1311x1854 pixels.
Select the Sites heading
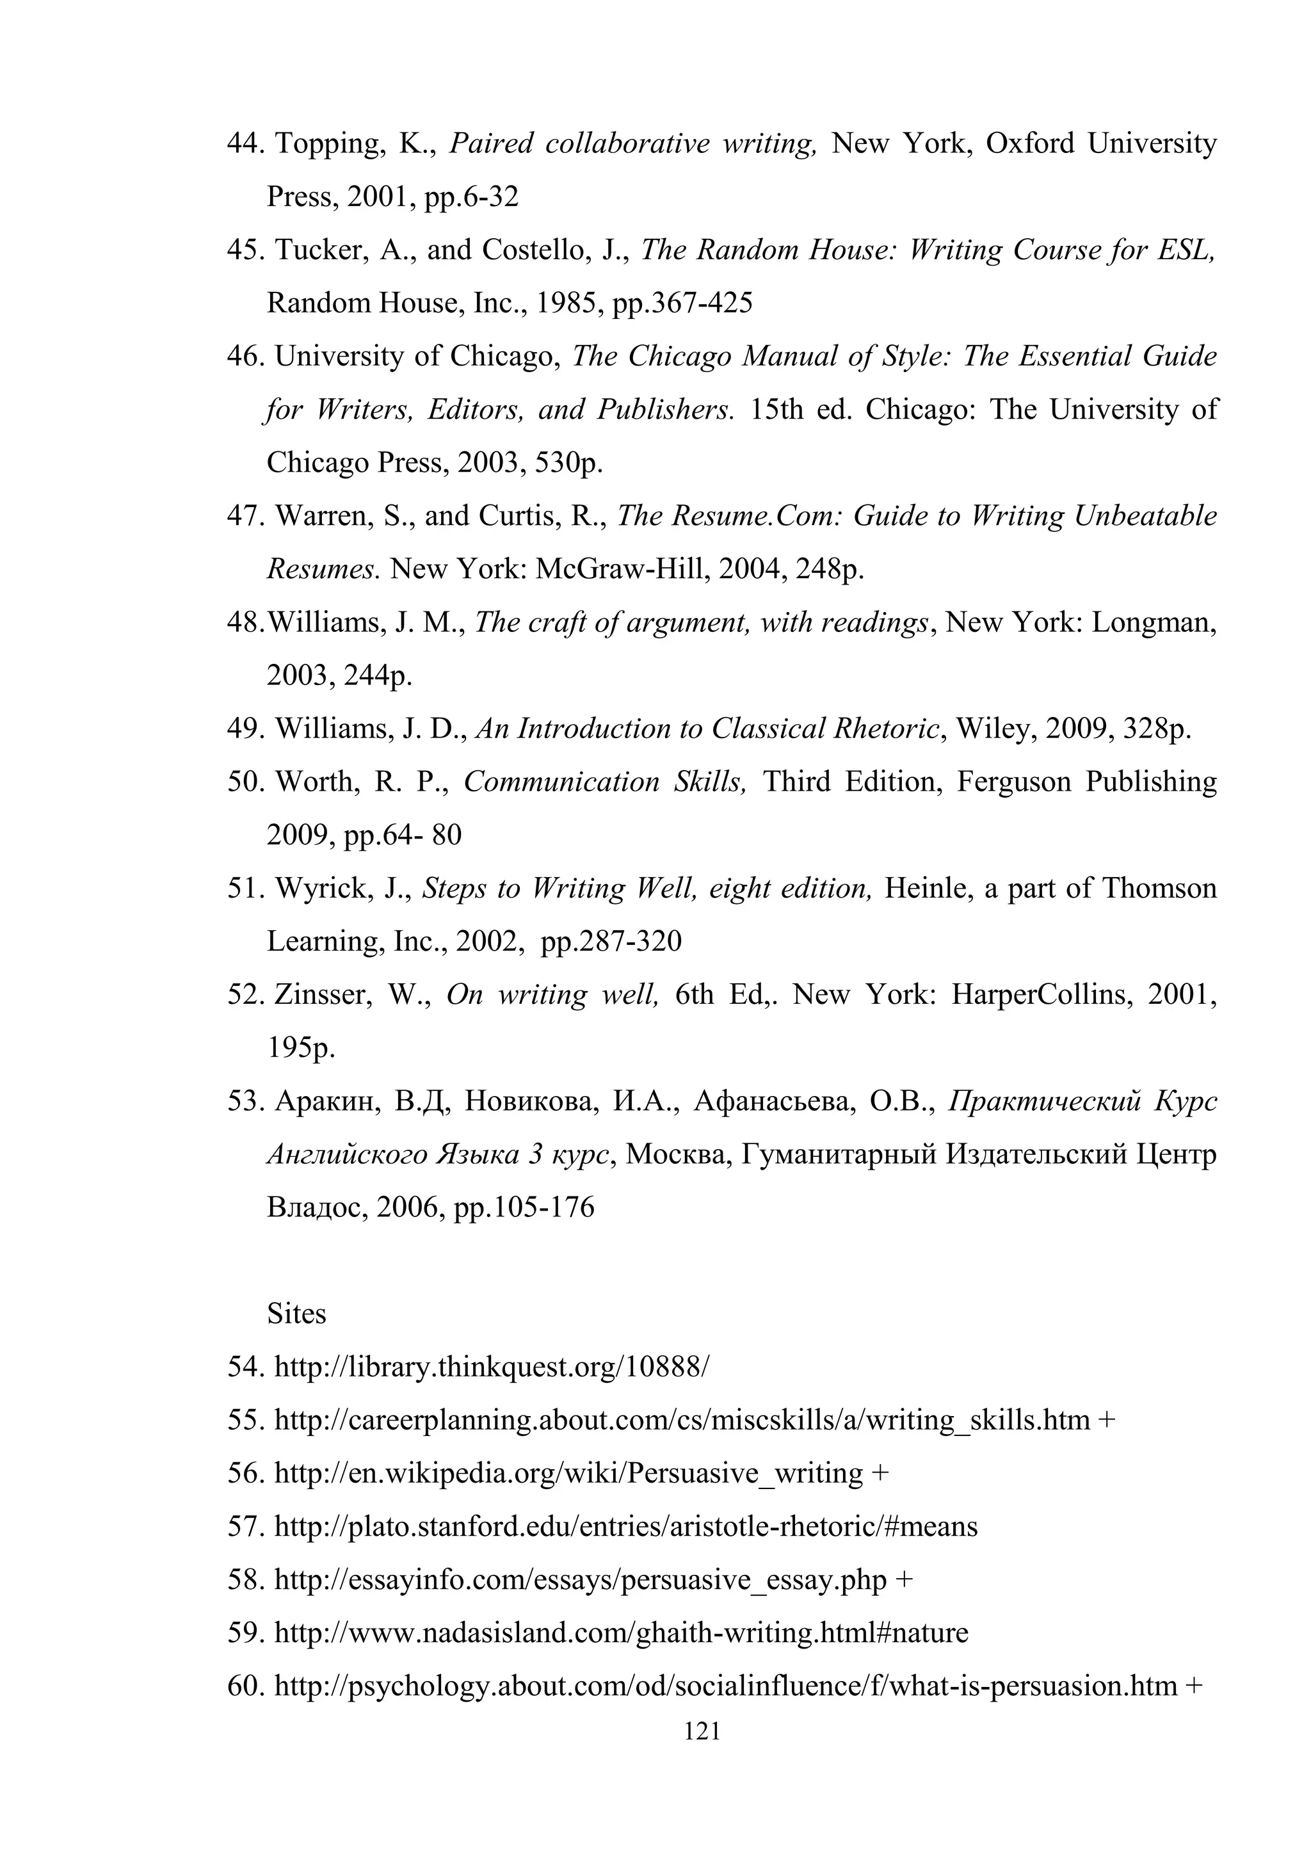coord(296,1314)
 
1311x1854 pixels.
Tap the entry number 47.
coord(245,516)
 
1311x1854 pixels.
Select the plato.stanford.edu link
coord(625,1527)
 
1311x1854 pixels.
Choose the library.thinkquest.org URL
coord(492,1367)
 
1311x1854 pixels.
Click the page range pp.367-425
coord(682,303)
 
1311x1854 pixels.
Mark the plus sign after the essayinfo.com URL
coord(903,1580)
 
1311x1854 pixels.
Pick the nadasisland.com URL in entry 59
coord(621,1634)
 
